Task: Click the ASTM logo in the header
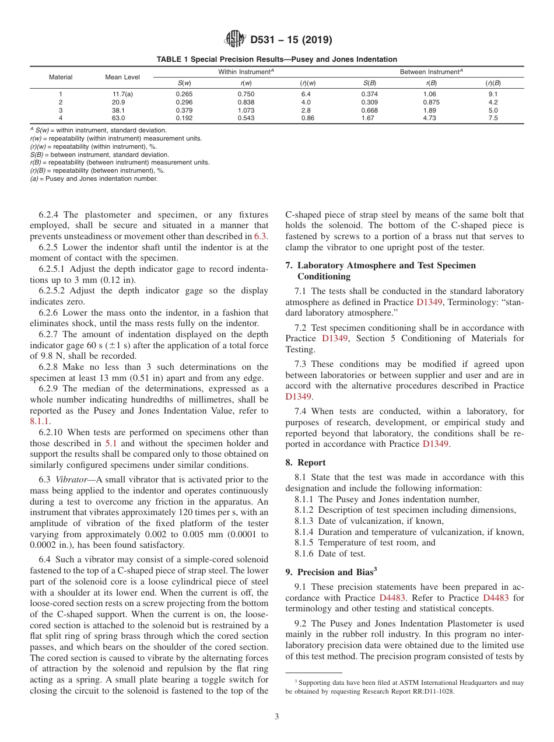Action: (236, 40)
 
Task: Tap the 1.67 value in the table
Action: (369, 118)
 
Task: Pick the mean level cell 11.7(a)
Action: (122, 94)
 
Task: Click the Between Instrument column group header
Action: (431, 72)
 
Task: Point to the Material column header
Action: (61, 77)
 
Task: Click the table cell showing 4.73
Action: (430, 118)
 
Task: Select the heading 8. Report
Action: (306, 463)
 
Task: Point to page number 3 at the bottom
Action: (277, 717)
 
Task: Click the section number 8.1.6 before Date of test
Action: (305, 554)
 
